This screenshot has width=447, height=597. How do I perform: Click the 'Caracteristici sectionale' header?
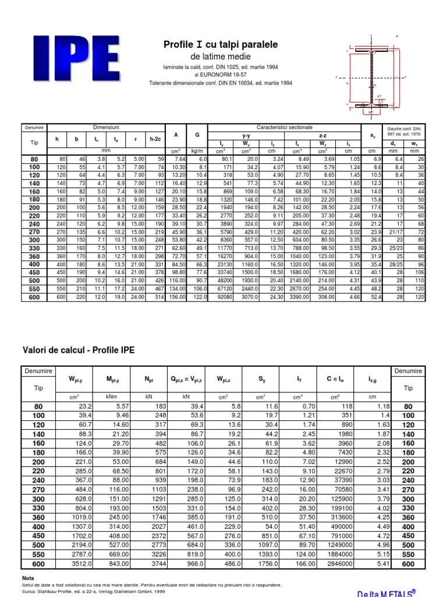pyautogui.click(x=284, y=127)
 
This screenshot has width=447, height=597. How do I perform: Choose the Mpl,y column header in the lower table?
pyautogui.click(x=112, y=380)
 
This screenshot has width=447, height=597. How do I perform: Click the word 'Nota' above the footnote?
pyautogui.click(x=28, y=578)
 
